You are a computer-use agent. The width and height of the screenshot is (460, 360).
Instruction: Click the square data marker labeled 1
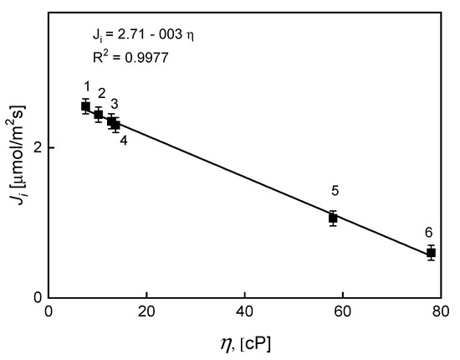[x=85, y=106]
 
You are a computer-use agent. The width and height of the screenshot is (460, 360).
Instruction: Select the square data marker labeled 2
[x=98, y=115]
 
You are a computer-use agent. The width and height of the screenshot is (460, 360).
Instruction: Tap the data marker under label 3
[x=111, y=121]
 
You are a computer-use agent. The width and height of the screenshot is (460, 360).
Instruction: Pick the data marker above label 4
[x=116, y=126]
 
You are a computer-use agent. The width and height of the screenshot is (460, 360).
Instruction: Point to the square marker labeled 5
[x=333, y=218]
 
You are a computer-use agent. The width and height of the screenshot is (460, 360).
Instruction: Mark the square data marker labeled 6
[x=431, y=253]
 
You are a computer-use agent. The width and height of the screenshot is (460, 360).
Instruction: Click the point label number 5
[x=335, y=191]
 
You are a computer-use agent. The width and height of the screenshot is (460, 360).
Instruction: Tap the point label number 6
[x=428, y=232]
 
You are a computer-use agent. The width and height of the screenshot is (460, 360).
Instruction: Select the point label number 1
[x=86, y=86]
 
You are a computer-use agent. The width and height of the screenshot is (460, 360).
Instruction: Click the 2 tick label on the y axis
[x=36, y=147]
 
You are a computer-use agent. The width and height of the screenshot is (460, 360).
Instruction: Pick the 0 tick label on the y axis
[x=36, y=297]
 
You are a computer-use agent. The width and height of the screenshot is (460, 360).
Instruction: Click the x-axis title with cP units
[x=244, y=343]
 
